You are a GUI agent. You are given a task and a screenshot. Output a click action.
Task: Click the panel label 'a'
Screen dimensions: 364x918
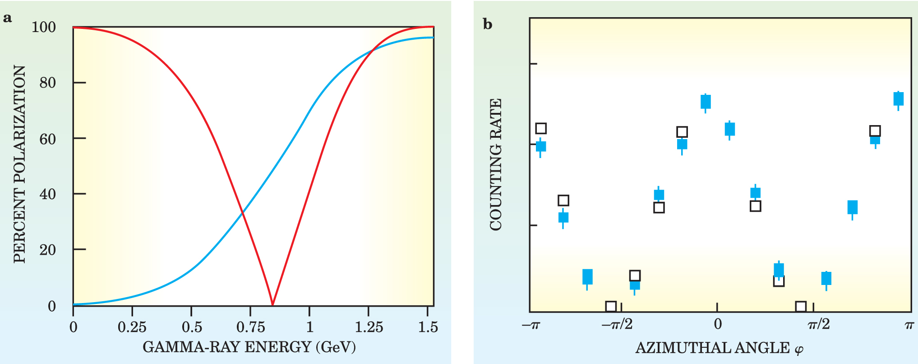click(7, 18)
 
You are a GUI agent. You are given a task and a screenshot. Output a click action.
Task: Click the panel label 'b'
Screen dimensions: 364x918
click(488, 24)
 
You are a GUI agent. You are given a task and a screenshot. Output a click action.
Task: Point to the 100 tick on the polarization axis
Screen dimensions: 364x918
click(44, 28)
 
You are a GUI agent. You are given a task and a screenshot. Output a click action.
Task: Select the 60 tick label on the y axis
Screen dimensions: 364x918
click(47, 139)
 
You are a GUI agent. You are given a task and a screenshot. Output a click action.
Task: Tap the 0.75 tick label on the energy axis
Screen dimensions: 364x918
click(250, 327)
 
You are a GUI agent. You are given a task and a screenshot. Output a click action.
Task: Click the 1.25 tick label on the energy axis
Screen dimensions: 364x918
click(369, 327)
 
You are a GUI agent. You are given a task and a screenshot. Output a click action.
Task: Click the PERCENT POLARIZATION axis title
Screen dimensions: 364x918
click(19, 164)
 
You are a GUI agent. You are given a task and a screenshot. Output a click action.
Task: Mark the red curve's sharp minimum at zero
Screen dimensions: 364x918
click(272, 305)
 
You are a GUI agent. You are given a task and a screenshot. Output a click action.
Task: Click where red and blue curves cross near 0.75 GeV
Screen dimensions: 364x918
click(242, 211)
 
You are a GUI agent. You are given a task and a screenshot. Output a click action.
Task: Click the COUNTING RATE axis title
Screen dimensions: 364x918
click(496, 165)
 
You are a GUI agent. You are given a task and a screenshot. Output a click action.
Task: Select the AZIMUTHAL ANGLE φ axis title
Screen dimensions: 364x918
click(720, 348)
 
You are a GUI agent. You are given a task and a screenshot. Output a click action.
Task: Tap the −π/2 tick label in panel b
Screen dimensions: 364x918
click(617, 324)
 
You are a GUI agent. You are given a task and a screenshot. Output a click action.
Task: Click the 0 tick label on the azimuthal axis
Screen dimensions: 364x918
click(718, 324)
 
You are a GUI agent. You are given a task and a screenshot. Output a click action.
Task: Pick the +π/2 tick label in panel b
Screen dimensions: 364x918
click(818, 324)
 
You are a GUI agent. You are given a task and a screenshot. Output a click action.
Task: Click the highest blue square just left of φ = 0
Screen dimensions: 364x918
click(706, 102)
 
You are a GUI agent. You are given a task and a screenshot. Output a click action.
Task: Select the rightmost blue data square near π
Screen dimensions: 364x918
click(898, 99)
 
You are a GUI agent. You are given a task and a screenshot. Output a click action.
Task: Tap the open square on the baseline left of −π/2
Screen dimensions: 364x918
click(611, 307)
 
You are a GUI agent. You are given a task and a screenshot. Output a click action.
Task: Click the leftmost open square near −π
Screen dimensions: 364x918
click(541, 128)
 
